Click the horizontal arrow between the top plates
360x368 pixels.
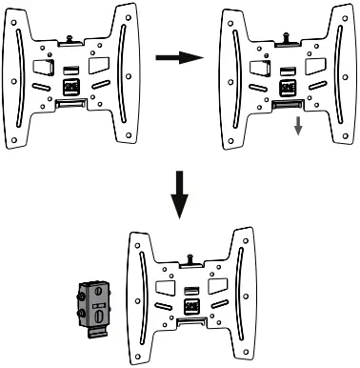pyautogui.click(x=181, y=58)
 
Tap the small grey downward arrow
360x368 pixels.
pyautogui.click(x=297, y=126)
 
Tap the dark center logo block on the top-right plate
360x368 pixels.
pyautogui.click(x=284, y=86)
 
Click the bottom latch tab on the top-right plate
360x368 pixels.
pyautogui.click(x=284, y=104)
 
